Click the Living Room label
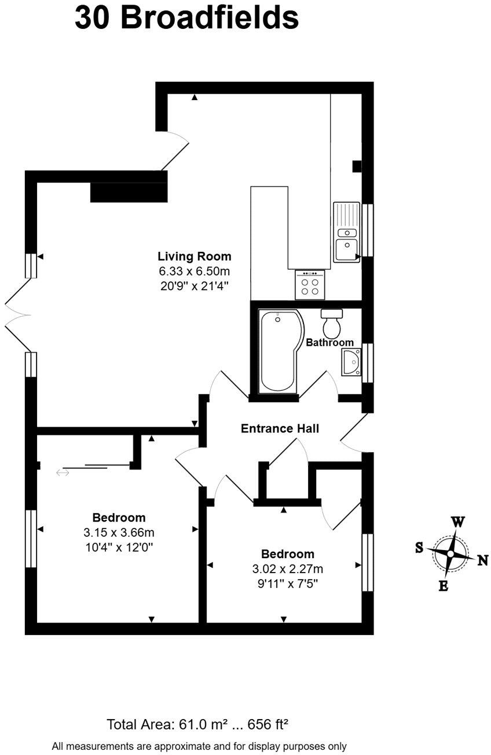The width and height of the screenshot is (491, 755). pos(194,256)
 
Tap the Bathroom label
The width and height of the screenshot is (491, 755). pos(329,342)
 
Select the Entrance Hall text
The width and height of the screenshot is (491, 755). pos(280,428)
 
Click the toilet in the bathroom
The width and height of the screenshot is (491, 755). pos(332,324)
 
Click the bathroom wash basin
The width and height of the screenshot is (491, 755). pos(351,362)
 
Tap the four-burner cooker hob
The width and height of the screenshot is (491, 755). pos(310,285)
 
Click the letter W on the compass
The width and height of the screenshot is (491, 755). pos(457,522)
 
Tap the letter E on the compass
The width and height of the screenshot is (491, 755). pos(443,585)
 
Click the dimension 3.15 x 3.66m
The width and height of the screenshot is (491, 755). pos(119,532)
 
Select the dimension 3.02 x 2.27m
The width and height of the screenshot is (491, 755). pos(287,569)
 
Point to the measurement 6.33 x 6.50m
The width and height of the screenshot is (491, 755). pos(194,271)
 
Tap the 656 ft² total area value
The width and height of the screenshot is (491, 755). pos(268,724)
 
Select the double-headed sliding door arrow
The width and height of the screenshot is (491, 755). pos(63,473)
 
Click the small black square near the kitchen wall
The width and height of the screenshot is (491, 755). pos(357,166)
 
